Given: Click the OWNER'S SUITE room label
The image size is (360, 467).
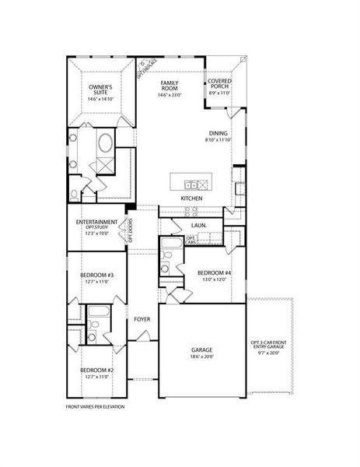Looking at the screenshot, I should click(x=100, y=90).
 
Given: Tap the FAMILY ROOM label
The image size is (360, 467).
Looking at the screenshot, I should click(x=170, y=85).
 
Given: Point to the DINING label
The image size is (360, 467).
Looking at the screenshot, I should click(x=218, y=133).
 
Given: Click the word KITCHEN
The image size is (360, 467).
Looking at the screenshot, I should click(x=192, y=199).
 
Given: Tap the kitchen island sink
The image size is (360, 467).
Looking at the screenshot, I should click(x=190, y=184).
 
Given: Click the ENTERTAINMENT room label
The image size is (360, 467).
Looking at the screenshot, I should click(x=97, y=222).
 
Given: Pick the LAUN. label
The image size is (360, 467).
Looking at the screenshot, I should click(x=198, y=226).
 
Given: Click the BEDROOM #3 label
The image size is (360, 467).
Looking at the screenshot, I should click(x=97, y=276).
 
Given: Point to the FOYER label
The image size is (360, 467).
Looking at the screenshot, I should click(x=142, y=319).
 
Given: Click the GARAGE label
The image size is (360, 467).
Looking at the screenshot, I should click(x=202, y=350).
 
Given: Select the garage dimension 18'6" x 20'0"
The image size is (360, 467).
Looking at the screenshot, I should click(x=202, y=357).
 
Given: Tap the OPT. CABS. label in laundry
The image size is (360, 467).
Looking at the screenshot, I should click(x=190, y=241).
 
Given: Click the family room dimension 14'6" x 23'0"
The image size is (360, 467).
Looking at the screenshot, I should click(x=170, y=95).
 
